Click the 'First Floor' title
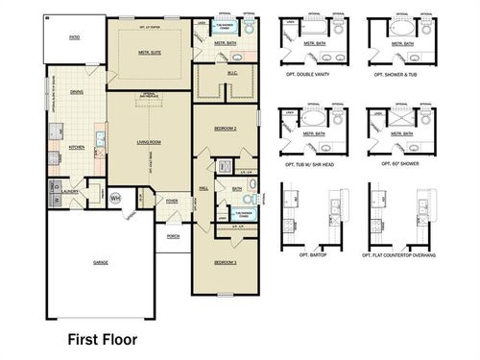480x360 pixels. click(x=102, y=339)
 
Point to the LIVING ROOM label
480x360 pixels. click(x=151, y=141)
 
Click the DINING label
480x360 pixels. click(x=76, y=92)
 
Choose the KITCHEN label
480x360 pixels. click(x=78, y=147)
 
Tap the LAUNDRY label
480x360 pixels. click(x=70, y=191)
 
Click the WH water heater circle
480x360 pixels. click(x=115, y=199)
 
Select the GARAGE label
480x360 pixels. click(x=100, y=262)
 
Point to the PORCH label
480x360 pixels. click(x=173, y=235)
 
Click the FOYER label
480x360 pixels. click(x=172, y=201)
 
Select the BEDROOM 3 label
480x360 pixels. click(x=225, y=262)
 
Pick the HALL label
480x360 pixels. click(x=204, y=188)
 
